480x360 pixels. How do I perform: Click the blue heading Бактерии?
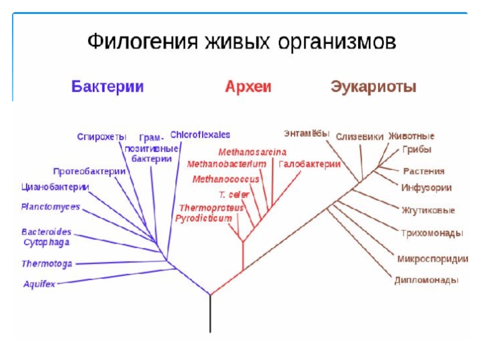click(107, 87)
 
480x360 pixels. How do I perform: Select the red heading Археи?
click(248, 87)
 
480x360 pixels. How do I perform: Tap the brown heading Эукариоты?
click(373, 87)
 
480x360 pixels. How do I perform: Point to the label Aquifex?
click(39, 284)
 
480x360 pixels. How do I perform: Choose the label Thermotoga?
click(47, 263)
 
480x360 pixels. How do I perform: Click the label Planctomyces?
click(50, 207)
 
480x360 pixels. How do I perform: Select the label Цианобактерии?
click(55, 187)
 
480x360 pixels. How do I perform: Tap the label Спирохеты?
click(101, 137)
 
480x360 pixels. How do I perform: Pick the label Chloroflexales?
click(200, 135)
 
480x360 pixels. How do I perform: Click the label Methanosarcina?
click(252, 152)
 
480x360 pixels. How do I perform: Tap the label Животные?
click(411, 136)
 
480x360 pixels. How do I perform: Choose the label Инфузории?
click(427, 188)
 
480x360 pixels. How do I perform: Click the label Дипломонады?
click(427, 280)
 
